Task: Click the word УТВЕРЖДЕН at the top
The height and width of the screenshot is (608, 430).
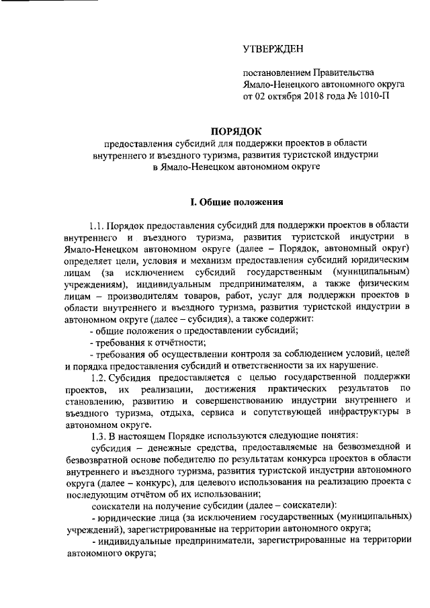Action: (x=273, y=49)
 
